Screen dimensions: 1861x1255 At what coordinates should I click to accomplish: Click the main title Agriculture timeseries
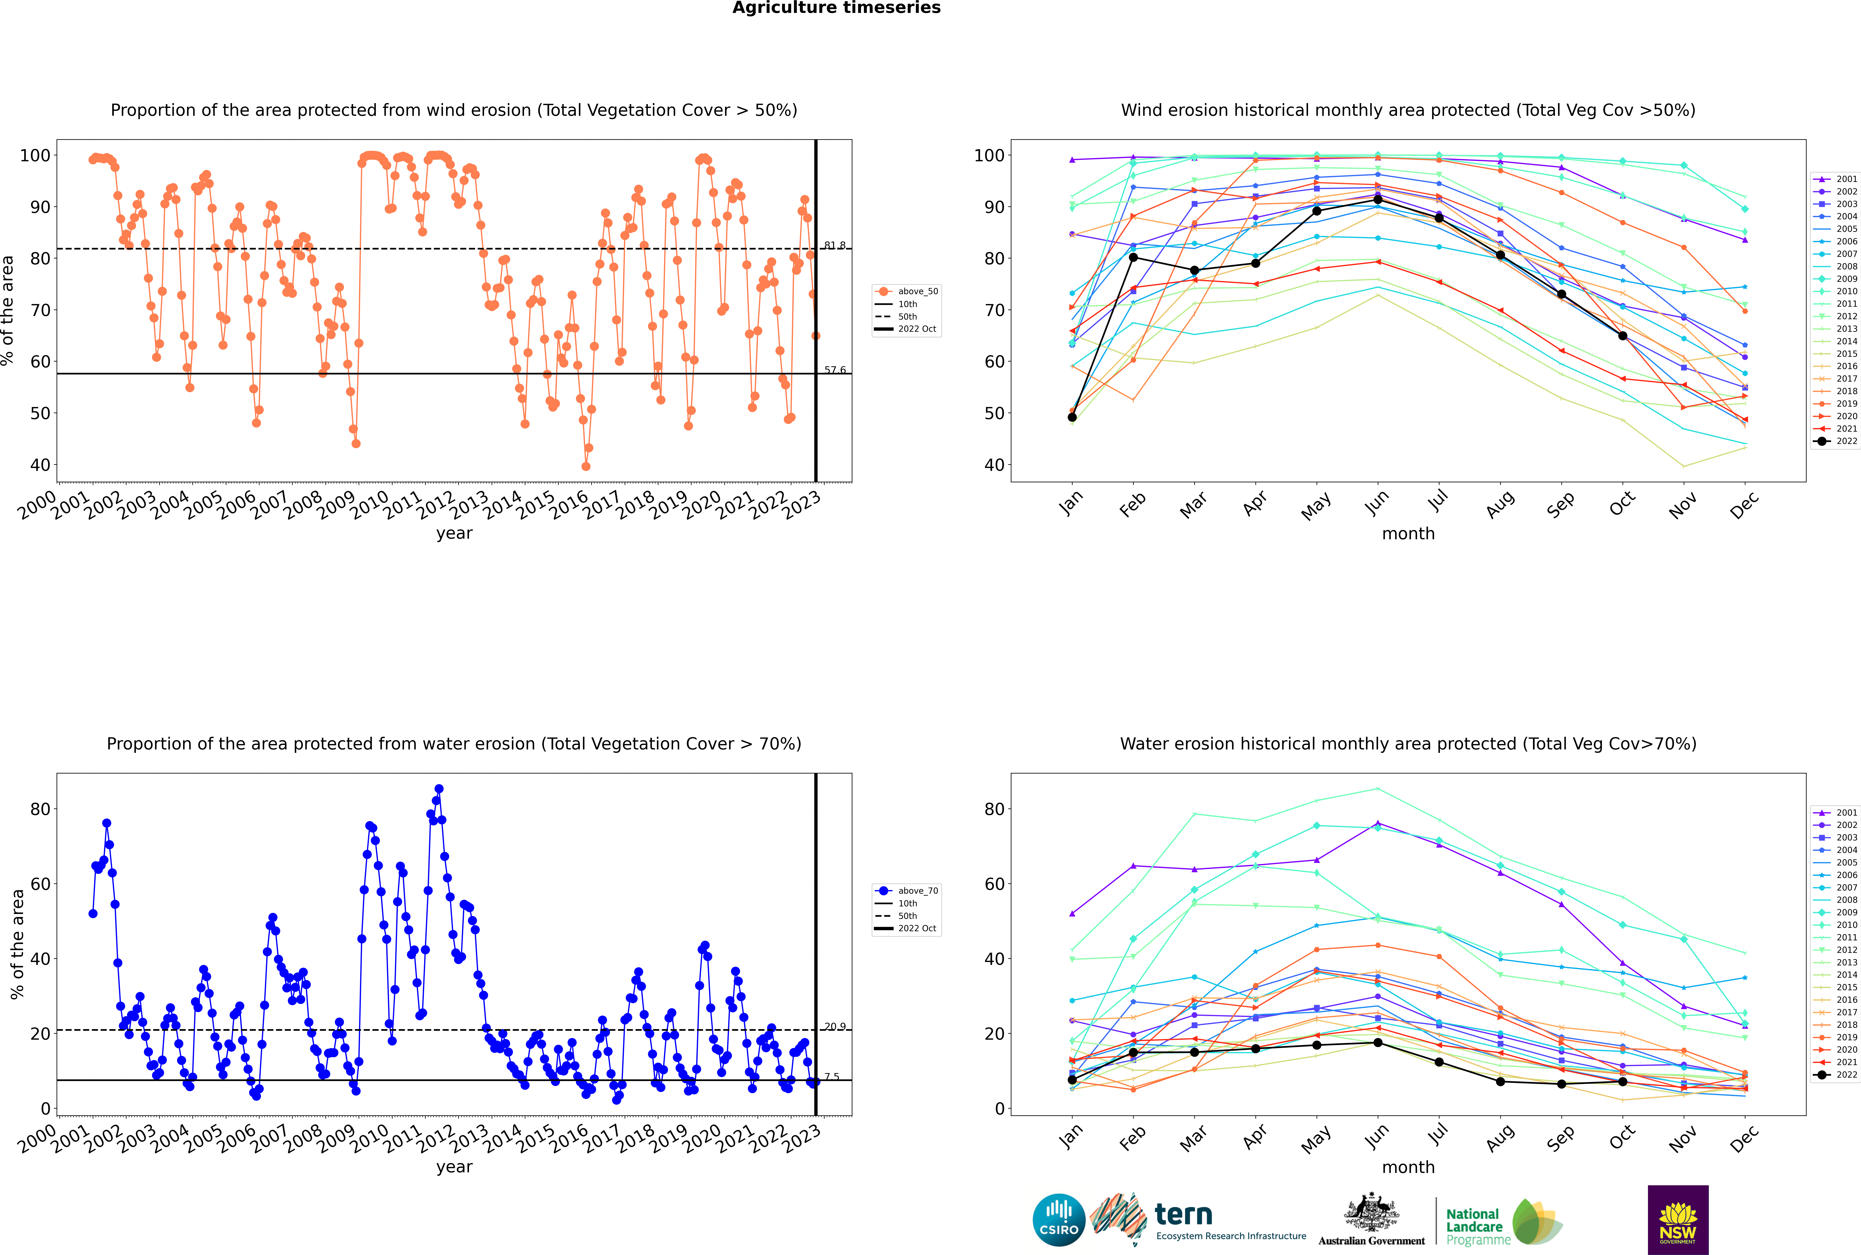coord(836,8)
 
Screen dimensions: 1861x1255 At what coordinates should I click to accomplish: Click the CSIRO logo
coord(1058,1220)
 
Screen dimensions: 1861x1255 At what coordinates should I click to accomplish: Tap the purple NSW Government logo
coord(1678,1220)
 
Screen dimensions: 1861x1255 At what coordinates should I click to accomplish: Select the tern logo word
coord(1183,1215)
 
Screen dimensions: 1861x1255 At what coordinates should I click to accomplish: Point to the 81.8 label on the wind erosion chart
coord(835,245)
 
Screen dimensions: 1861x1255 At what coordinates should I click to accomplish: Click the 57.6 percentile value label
coord(835,370)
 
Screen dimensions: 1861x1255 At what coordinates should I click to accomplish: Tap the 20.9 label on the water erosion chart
coord(835,1026)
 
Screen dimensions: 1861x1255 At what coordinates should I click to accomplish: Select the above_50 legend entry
coord(907,291)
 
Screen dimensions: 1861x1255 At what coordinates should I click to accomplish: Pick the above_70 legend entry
coord(907,891)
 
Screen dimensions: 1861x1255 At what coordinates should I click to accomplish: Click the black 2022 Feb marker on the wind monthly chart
coord(1133,257)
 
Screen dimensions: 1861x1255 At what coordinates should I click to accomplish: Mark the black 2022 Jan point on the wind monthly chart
coord(1072,417)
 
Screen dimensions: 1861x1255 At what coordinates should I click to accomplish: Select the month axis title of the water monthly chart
coord(1408,1167)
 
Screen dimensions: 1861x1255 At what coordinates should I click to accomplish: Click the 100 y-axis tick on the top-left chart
coord(35,155)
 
